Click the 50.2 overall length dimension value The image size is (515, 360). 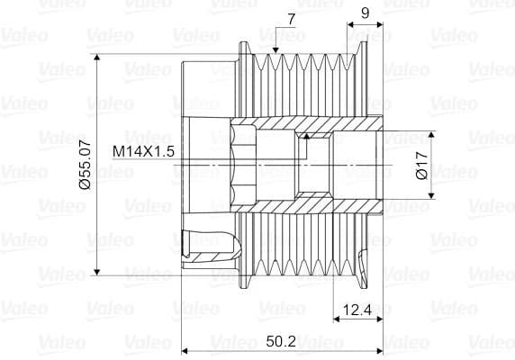pos(281,341)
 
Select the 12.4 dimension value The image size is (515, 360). pos(357,310)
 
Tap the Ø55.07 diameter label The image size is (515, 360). pos(85,165)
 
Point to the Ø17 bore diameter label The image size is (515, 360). pos(422,165)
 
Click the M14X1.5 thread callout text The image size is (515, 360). pos(143,151)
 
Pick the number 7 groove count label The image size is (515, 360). pos(292,20)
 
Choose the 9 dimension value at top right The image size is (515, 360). pos(365,13)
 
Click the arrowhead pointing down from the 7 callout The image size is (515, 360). pos(276,49)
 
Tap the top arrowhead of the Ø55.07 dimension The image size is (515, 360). pos(96,58)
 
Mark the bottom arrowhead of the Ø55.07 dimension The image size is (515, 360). pos(96,272)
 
